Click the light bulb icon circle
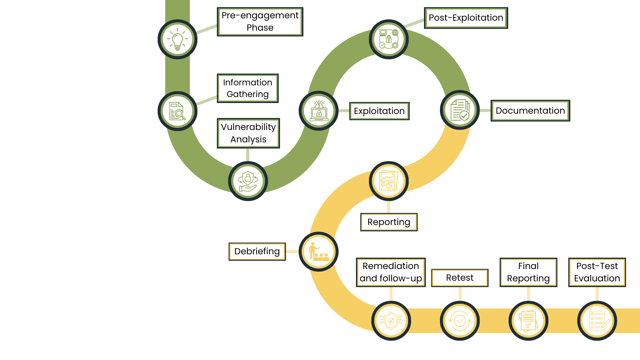coord(177,39)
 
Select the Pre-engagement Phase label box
coord(260,22)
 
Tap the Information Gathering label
coord(248,88)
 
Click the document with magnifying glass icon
coord(177,111)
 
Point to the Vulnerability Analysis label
coord(248,133)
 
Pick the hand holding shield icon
coord(248,181)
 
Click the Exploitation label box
coord(379,111)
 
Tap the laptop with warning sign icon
coord(319,111)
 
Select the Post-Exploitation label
coord(466,18)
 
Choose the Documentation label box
coord(530,111)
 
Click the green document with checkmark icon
coord(460,110)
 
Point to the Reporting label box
coord(389,222)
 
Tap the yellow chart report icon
coord(389,181)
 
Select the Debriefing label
coord(257,251)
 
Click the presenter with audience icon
coord(319,252)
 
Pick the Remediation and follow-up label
coord(391,272)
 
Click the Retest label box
coord(460,278)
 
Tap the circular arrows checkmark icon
coord(460,321)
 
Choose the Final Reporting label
coord(528,272)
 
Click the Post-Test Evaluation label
coord(597,272)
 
